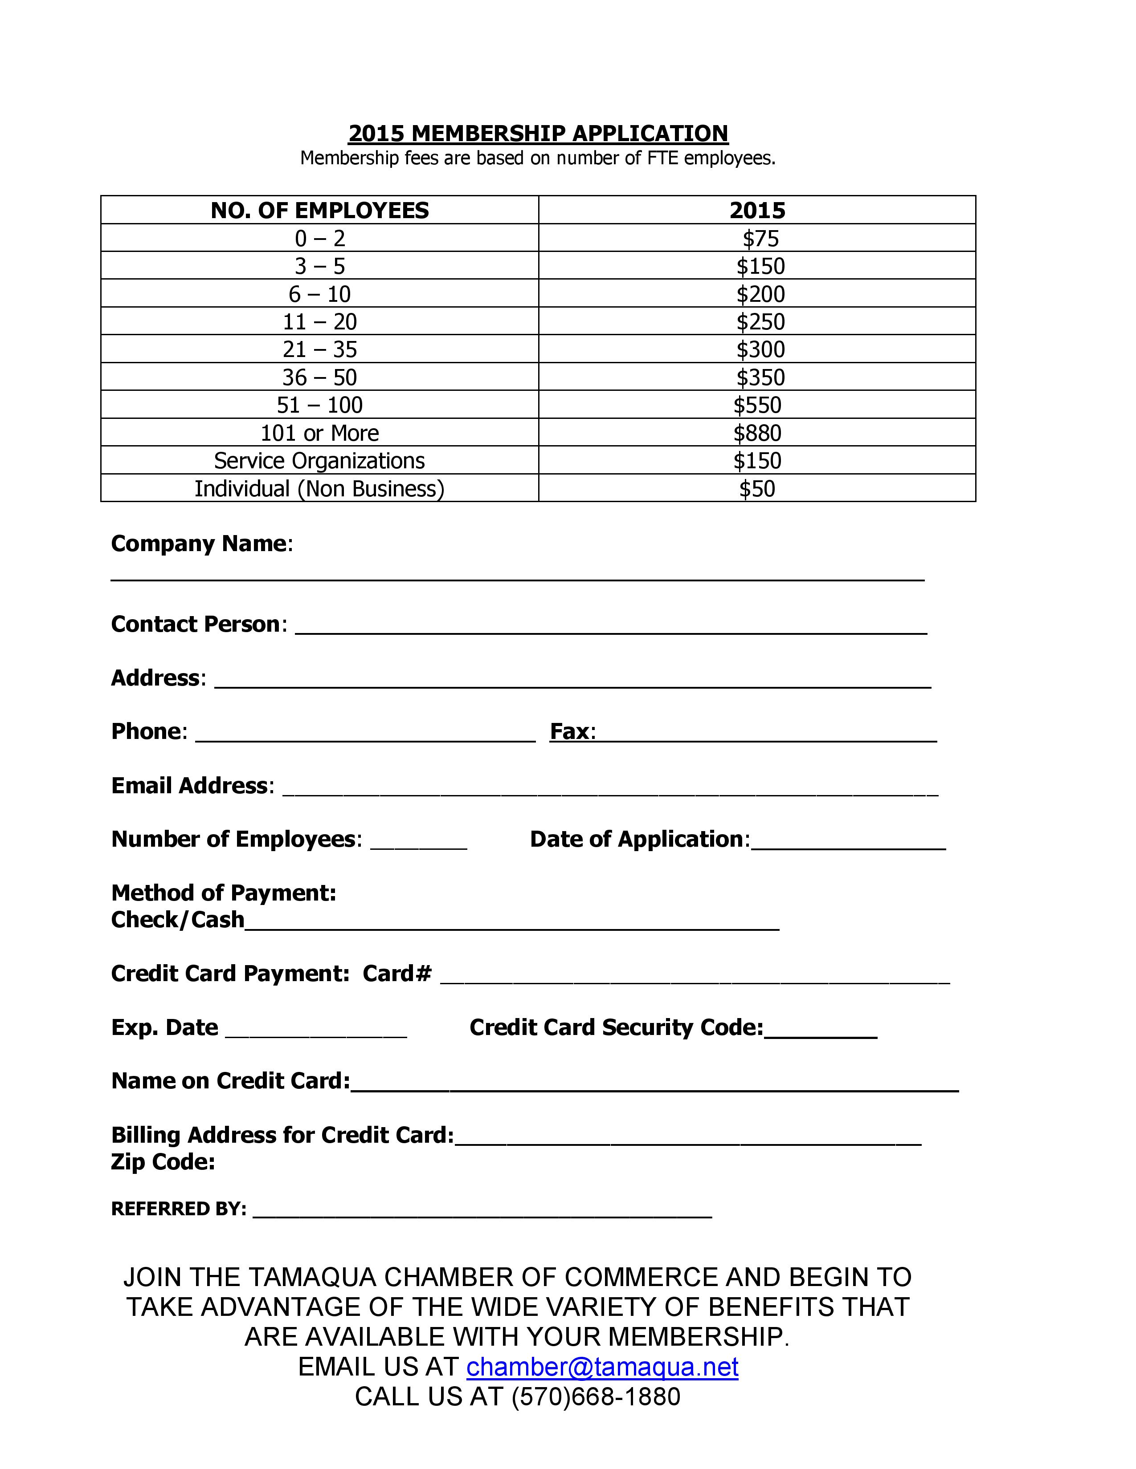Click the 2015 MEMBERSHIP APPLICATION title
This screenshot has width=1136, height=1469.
point(538,133)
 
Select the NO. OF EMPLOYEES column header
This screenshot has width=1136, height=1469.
point(320,211)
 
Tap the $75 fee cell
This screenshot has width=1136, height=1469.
point(760,239)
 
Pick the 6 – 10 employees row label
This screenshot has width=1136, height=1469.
point(320,294)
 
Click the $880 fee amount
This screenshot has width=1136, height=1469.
point(757,433)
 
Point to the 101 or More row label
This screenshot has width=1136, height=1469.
point(320,433)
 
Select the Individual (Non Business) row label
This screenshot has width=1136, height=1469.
point(320,489)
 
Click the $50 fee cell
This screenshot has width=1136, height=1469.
point(757,489)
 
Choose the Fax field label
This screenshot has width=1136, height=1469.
point(572,731)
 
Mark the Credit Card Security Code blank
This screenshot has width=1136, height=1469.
point(820,1034)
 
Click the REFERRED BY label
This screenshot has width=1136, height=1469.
point(178,1209)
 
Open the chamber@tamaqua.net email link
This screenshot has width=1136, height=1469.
point(602,1367)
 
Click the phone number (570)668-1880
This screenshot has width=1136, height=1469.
point(596,1396)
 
